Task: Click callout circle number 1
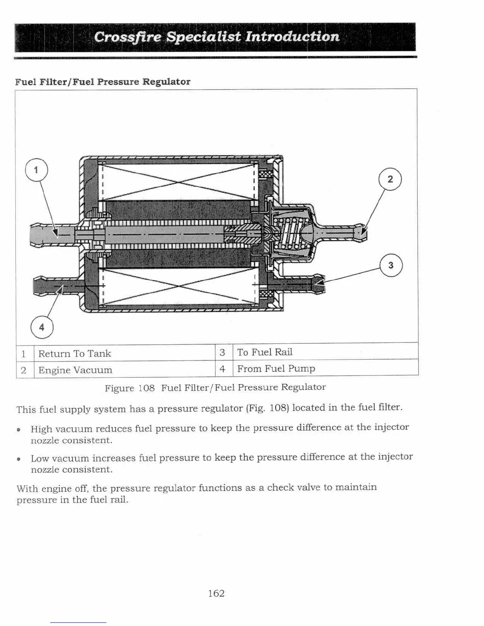pyautogui.click(x=36, y=170)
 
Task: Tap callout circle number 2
pyautogui.click(x=390, y=179)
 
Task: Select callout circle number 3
pyautogui.click(x=391, y=265)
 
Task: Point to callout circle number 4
pyautogui.click(x=42, y=328)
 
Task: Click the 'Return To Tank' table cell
pyautogui.click(x=75, y=353)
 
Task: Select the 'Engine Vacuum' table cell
pyautogui.click(x=75, y=370)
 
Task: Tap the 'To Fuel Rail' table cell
pyautogui.click(x=265, y=352)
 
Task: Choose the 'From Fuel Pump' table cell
pyautogui.click(x=276, y=368)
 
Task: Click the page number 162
pyautogui.click(x=216, y=593)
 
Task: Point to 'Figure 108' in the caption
pyautogui.click(x=129, y=388)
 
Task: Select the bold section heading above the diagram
pyautogui.click(x=103, y=82)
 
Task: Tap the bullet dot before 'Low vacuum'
pyautogui.click(x=19, y=459)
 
